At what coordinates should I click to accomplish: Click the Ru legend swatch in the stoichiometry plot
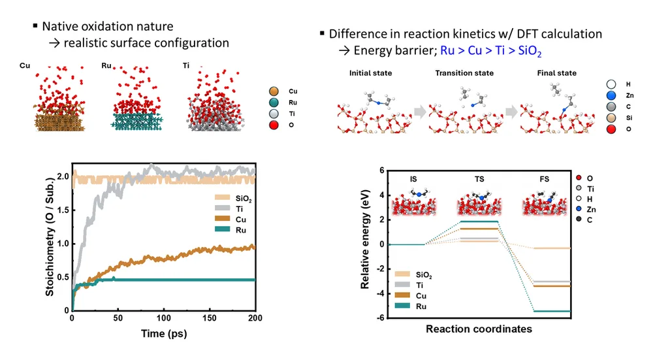pos(223,229)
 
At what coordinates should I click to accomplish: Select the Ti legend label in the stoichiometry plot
pos(239,209)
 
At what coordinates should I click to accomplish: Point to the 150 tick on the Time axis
pos(210,318)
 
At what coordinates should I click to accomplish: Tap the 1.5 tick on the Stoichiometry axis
pos(63,210)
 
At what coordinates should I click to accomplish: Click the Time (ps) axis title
pos(164,334)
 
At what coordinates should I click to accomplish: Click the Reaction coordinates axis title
pos(479,329)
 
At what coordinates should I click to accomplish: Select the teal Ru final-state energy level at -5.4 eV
pos(552,311)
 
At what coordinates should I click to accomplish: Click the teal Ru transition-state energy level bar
pos(479,221)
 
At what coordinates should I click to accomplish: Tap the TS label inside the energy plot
pos(479,179)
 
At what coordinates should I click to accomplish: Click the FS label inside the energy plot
pos(545,179)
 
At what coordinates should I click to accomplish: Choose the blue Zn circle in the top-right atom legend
pos(611,95)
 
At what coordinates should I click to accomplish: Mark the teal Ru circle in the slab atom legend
pos(274,103)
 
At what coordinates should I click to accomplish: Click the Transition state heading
pos(464,73)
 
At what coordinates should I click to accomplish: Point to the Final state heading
pos(557,73)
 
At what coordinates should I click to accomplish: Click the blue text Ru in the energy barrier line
pos(447,50)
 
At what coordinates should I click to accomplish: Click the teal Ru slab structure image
pos(136,122)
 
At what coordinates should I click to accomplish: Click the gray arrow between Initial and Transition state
pos(420,112)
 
